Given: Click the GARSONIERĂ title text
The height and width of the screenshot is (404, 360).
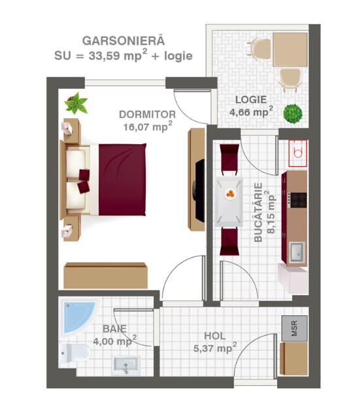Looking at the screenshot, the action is pyautogui.click(x=123, y=41).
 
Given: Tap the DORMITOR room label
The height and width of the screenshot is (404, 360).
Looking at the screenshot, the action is pyautogui.click(x=147, y=114).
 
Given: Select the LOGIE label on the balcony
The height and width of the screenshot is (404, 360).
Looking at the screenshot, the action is pyautogui.click(x=251, y=100).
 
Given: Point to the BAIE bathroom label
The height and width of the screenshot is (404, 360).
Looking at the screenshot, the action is pyautogui.click(x=114, y=329).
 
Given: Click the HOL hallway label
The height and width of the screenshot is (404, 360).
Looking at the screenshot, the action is pyautogui.click(x=215, y=336).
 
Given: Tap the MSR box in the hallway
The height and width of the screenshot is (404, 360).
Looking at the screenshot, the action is pyautogui.click(x=295, y=328).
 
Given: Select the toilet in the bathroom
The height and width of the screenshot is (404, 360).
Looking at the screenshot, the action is pyautogui.click(x=74, y=352).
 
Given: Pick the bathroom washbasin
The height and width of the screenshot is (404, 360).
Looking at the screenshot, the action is pyautogui.click(x=126, y=366).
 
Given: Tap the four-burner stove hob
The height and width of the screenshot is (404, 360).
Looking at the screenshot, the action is pyautogui.click(x=297, y=200).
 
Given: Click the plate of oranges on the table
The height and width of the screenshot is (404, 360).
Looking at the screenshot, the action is pyautogui.click(x=230, y=194).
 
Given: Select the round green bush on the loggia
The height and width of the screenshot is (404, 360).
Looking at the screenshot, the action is pyautogui.click(x=293, y=114).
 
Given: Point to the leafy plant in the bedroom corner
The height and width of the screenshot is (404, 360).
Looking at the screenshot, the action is pyautogui.click(x=76, y=103).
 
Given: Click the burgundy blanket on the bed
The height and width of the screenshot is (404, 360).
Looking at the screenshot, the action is pyautogui.click(x=122, y=179).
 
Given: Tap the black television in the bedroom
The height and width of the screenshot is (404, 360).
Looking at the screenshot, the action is pyautogui.click(x=199, y=190).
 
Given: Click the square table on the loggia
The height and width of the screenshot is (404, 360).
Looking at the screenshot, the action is pyautogui.click(x=290, y=50).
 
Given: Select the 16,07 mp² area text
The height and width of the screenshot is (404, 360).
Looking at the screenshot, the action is pyautogui.click(x=148, y=127).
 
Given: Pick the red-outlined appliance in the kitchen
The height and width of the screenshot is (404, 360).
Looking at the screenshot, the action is pyautogui.click(x=298, y=153).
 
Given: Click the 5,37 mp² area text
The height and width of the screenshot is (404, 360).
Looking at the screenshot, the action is pyautogui.click(x=215, y=348).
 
